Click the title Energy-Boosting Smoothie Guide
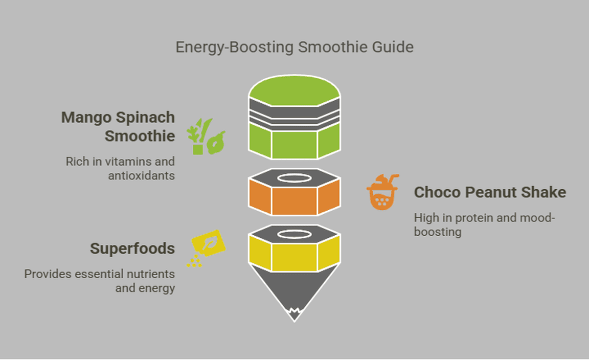[294, 47]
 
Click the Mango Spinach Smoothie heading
[118, 126]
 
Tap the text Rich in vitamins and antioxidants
[120, 168]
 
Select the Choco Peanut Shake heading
[490, 192]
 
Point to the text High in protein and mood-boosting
[484, 224]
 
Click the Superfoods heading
[132, 249]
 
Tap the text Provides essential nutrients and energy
[100, 281]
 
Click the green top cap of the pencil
[294, 92]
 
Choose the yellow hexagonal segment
[294, 256]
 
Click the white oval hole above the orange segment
[294, 178]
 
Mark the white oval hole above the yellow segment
[294, 234]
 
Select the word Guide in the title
[393, 47]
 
